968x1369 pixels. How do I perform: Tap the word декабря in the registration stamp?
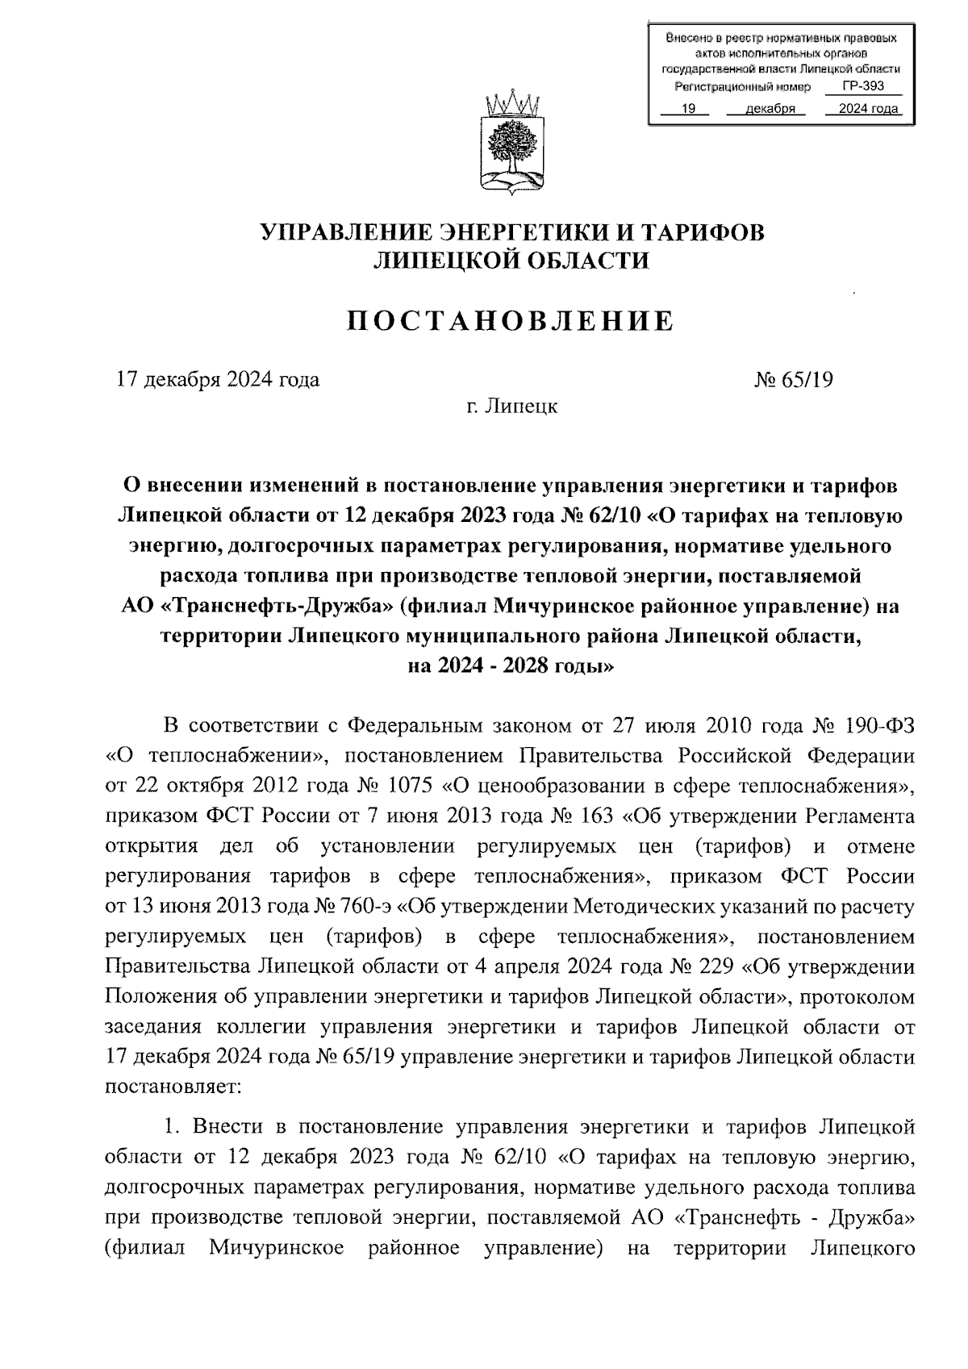point(769,109)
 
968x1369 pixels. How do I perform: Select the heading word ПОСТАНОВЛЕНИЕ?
point(511,321)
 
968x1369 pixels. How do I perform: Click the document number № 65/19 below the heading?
point(794,379)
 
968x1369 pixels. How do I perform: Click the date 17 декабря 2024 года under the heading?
point(219,379)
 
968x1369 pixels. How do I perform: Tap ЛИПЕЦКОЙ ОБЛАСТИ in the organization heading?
point(511,260)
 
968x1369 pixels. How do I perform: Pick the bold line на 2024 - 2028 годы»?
point(511,666)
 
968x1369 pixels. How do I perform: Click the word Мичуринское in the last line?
point(277,1248)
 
